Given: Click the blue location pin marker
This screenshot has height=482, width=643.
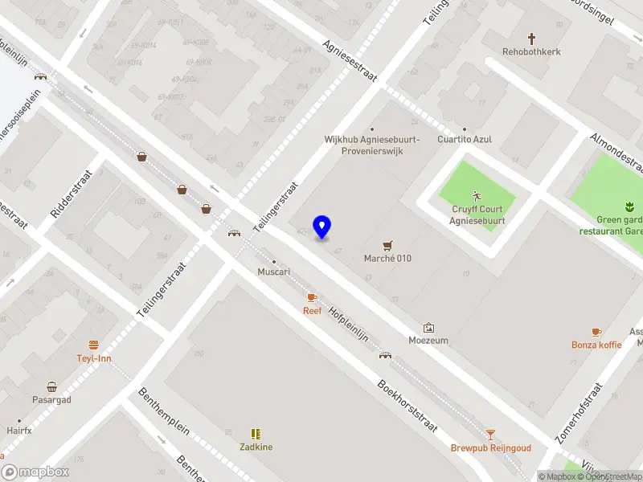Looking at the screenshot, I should pyautogui.click(x=321, y=227).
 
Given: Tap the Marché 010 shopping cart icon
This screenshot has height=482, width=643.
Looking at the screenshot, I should pyautogui.click(x=389, y=245).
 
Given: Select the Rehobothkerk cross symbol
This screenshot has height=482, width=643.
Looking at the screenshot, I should pyautogui.click(x=531, y=38).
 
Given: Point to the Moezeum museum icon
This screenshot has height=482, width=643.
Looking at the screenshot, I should pyautogui.click(x=428, y=328).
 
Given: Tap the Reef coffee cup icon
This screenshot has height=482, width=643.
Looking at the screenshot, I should pyautogui.click(x=312, y=298).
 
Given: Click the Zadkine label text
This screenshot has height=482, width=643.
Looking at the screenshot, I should pyautogui.click(x=256, y=447).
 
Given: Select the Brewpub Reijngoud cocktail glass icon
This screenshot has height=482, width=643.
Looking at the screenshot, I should pyautogui.click(x=490, y=435).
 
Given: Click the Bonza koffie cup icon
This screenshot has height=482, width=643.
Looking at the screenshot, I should pyautogui.click(x=596, y=332).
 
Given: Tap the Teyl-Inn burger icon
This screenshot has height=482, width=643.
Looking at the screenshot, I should pyautogui.click(x=94, y=345).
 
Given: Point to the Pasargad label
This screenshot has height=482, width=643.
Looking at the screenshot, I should pyautogui.click(x=51, y=400).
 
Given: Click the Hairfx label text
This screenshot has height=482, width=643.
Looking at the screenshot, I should pyautogui.click(x=18, y=431).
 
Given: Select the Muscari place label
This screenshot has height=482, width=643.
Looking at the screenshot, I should pyautogui.click(x=273, y=272).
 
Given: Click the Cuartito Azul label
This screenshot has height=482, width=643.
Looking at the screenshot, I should pyautogui.click(x=464, y=139).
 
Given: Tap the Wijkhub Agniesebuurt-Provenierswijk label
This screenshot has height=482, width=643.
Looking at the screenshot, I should pyautogui.click(x=371, y=145).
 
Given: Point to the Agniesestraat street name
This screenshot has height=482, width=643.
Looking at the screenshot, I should pyautogui.click(x=350, y=62).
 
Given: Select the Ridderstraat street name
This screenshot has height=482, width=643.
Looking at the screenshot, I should pyautogui.click(x=72, y=194).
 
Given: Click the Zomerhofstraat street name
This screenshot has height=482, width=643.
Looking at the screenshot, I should pyautogui.click(x=578, y=413).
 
